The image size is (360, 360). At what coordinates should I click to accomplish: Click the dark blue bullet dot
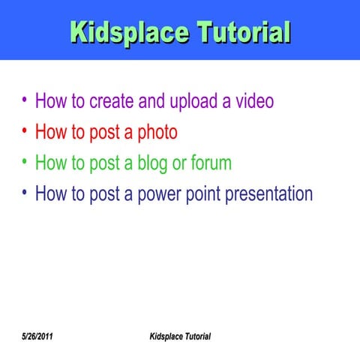coord(25,193)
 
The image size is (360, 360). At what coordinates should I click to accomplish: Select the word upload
coord(190,101)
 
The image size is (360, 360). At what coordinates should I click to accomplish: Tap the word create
coord(113,100)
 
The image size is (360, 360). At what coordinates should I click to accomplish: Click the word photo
coord(157,133)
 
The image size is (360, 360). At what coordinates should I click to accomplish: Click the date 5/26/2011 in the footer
coord(37,335)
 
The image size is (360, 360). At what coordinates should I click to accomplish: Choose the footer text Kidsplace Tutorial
coord(180,335)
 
